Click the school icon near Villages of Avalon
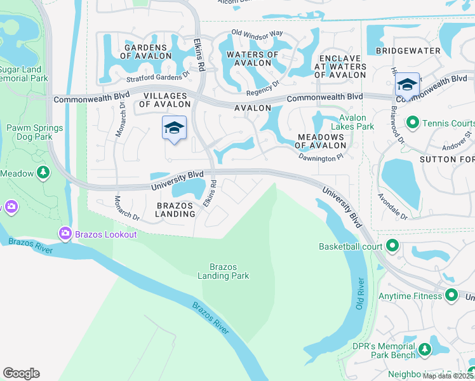[x=174, y=128]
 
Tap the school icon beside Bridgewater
[x=406, y=85]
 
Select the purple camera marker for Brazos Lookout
[x=65, y=234]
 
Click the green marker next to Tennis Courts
[x=412, y=122]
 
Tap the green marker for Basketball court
[x=392, y=246]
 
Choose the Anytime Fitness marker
[x=451, y=295]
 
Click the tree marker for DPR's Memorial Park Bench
[x=424, y=349]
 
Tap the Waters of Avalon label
[x=252, y=58]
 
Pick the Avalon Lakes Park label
[x=356, y=121]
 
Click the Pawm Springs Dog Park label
[x=35, y=132]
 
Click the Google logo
[x=21, y=373]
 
